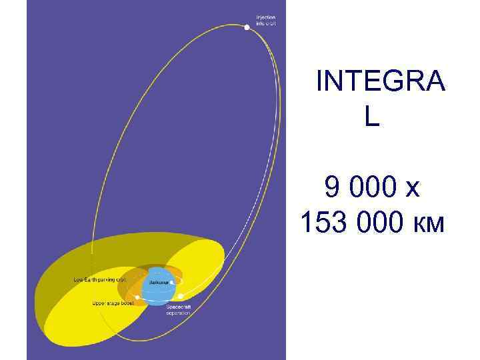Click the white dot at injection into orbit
click(247, 27)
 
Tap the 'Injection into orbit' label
click(265, 20)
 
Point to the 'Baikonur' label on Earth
click(158, 283)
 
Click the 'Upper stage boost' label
click(113, 303)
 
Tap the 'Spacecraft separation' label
click(178, 309)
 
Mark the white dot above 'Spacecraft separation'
click(180, 296)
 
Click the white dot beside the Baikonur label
click(172, 283)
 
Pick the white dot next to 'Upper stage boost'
click(137, 297)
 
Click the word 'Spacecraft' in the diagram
click(178, 307)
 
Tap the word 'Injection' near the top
click(265, 17)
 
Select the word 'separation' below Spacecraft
click(178, 313)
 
